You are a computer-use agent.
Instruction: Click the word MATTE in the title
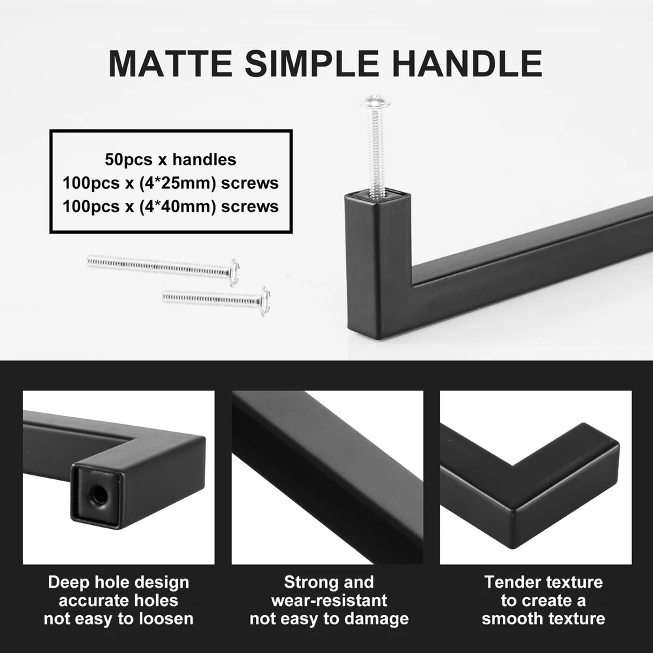click(170, 63)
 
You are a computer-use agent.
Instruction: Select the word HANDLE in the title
click(468, 63)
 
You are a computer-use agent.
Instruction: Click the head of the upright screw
click(375, 101)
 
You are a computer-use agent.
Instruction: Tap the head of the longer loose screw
click(234, 272)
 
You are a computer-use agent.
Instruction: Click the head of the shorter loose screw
click(265, 300)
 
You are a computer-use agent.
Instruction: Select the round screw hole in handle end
click(99, 494)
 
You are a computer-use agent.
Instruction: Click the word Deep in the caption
click(67, 582)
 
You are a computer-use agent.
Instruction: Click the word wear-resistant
click(329, 601)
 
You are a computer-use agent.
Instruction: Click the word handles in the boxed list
click(204, 159)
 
